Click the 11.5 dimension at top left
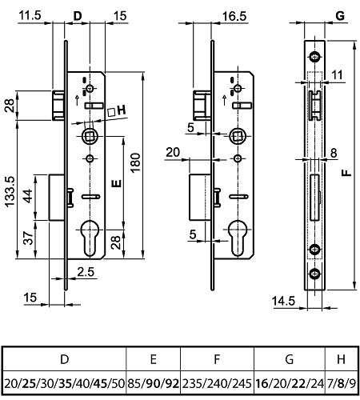click(x=30, y=15)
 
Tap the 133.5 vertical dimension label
click(x=10, y=191)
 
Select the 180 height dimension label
click(x=135, y=162)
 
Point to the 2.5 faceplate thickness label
click(x=86, y=272)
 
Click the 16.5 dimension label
click(x=234, y=16)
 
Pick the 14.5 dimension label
click(x=283, y=301)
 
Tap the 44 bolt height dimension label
click(x=28, y=196)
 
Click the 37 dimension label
click(x=28, y=238)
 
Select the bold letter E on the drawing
click(x=117, y=183)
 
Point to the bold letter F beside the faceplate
click(x=346, y=173)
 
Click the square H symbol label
click(x=117, y=110)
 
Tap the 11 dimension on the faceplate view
click(x=338, y=75)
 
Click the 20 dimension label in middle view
click(x=173, y=152)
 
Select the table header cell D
click(x=65, y=359)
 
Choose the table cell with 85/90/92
click(x=154, y=383)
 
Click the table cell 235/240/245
click(x=217, y=383)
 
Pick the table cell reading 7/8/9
click(x=342, y=383)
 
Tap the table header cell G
click(x=290, y=359)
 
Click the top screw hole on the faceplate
click(x=315, y=57)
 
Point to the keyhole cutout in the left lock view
click(x=90, y=238)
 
